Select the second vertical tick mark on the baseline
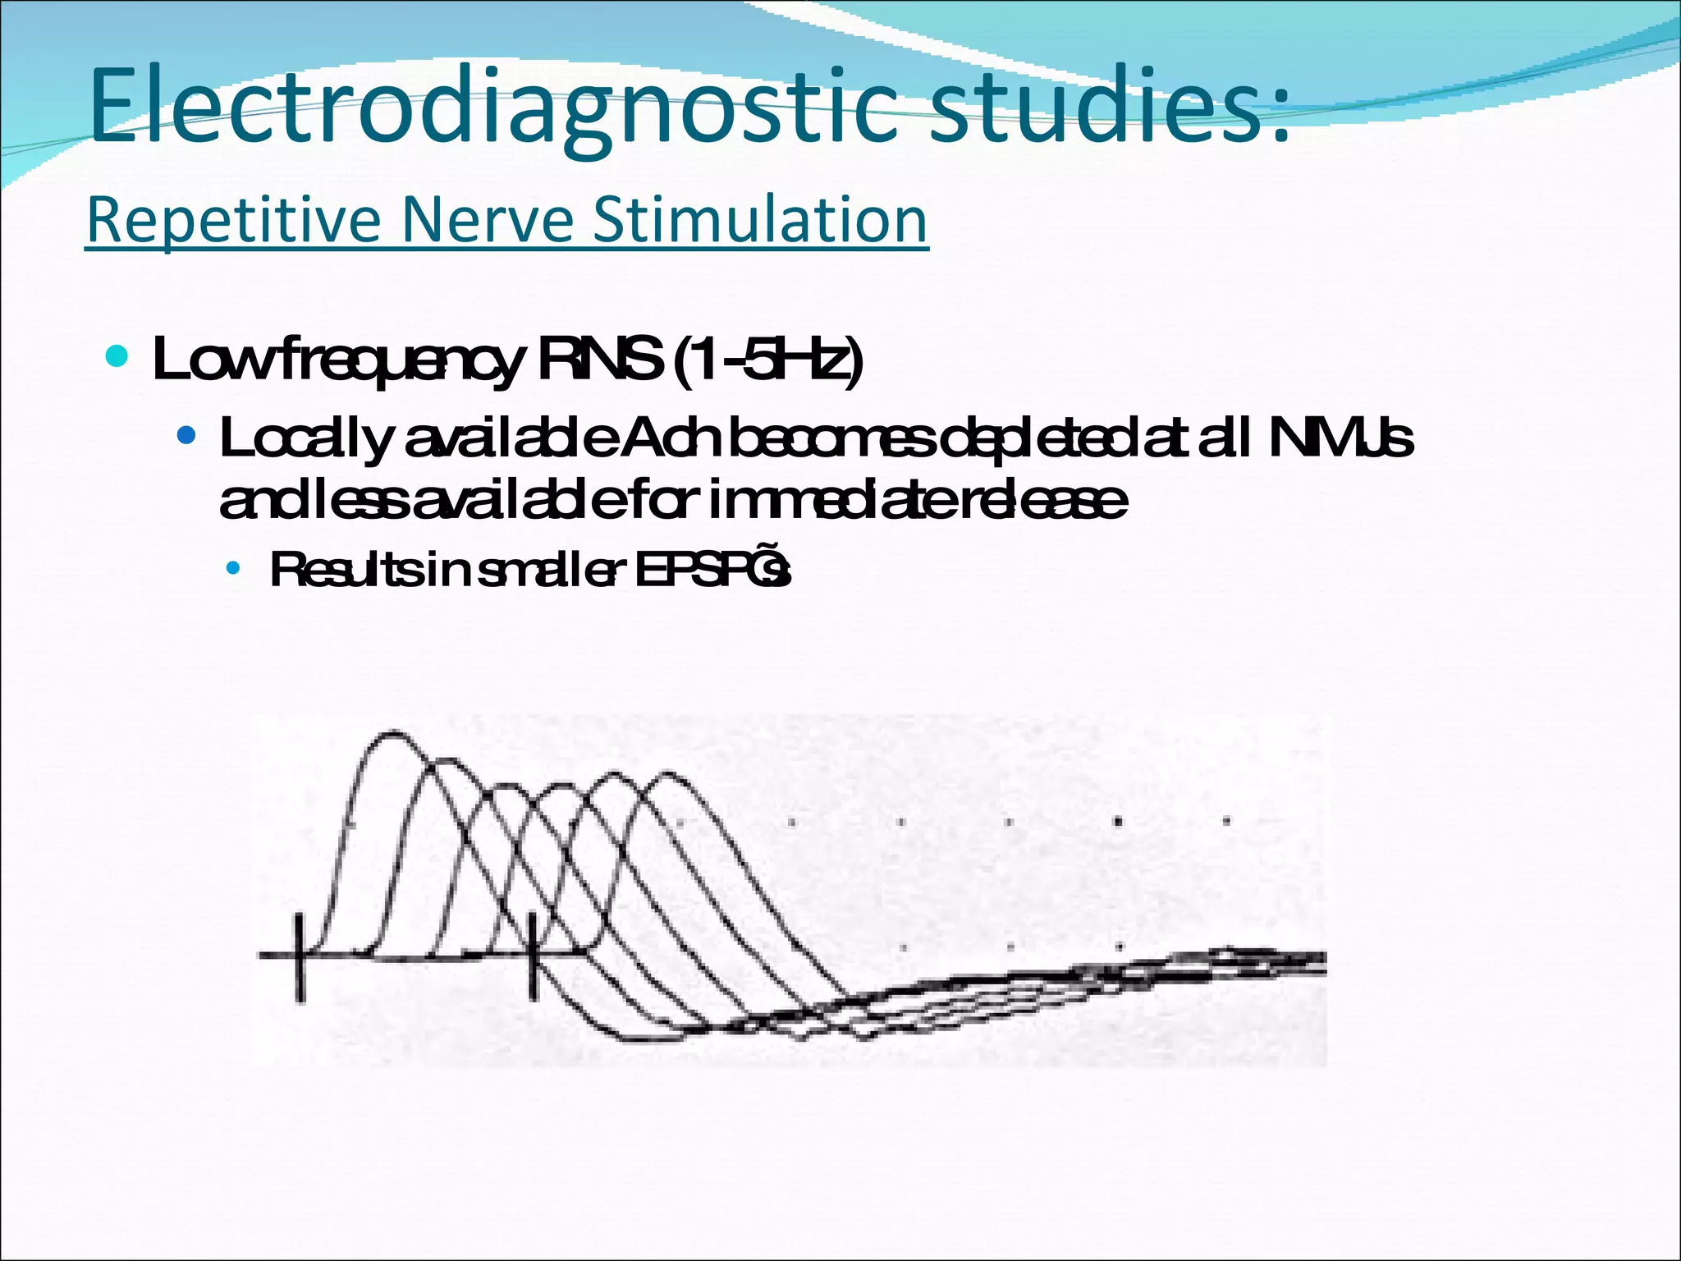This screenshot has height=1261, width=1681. (534, 956)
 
